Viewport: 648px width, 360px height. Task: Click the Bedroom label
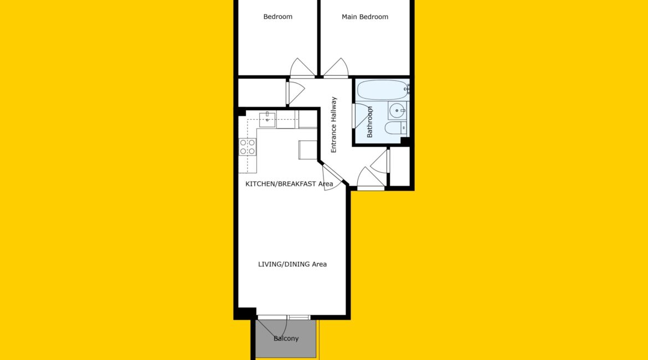277,17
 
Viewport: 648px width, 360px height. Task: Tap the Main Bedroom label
365,17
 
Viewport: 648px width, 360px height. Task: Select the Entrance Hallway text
333,125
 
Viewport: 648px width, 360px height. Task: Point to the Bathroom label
369,122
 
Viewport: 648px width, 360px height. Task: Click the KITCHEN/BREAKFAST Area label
289,183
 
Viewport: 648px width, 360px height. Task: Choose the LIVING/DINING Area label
292,264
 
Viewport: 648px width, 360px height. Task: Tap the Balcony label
286,338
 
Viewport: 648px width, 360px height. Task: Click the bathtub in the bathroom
383,90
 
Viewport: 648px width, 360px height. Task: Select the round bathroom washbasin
397,110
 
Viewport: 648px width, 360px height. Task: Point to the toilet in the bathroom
395,128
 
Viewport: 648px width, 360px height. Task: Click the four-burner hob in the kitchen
247,147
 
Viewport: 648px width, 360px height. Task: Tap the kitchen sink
268,120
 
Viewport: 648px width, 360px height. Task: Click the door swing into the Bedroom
302,68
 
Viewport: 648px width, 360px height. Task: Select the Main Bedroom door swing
336,68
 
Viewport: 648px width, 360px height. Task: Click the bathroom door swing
362,116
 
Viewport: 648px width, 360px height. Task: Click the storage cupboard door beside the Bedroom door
296,93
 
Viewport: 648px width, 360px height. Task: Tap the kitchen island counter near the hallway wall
308,150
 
